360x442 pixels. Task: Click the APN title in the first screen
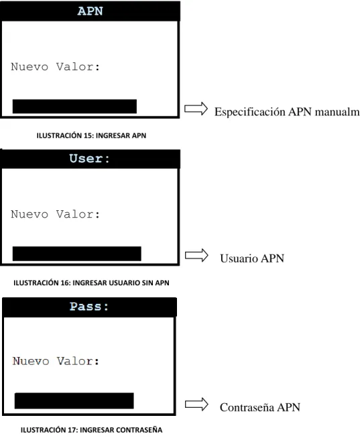click(90, 11)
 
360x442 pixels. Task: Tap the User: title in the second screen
click(89, 159)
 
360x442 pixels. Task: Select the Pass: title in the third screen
click(89, 307)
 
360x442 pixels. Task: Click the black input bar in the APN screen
click(74, 106)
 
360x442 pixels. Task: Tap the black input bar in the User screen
click(76, 254)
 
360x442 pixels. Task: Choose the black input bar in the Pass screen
click(74, 400)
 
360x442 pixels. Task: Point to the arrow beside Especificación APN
click(196, 108)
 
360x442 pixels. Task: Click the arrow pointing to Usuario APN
click(196, 255)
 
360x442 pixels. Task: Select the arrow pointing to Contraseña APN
click(196, 404)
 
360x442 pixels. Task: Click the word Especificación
click(250, 112)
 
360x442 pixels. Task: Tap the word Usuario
click(239, 259)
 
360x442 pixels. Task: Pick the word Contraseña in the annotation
click(247, 407)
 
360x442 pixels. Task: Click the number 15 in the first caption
click(88, 135)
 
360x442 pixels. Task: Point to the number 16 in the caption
click(64, 283)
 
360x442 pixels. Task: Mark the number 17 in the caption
click(72, 430)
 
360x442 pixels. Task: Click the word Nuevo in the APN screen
click(29, 67)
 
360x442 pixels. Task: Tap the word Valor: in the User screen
click(78, 214)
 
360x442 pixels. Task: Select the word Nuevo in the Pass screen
click(31, 361)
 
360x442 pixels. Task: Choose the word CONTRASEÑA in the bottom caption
click(139, 430)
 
